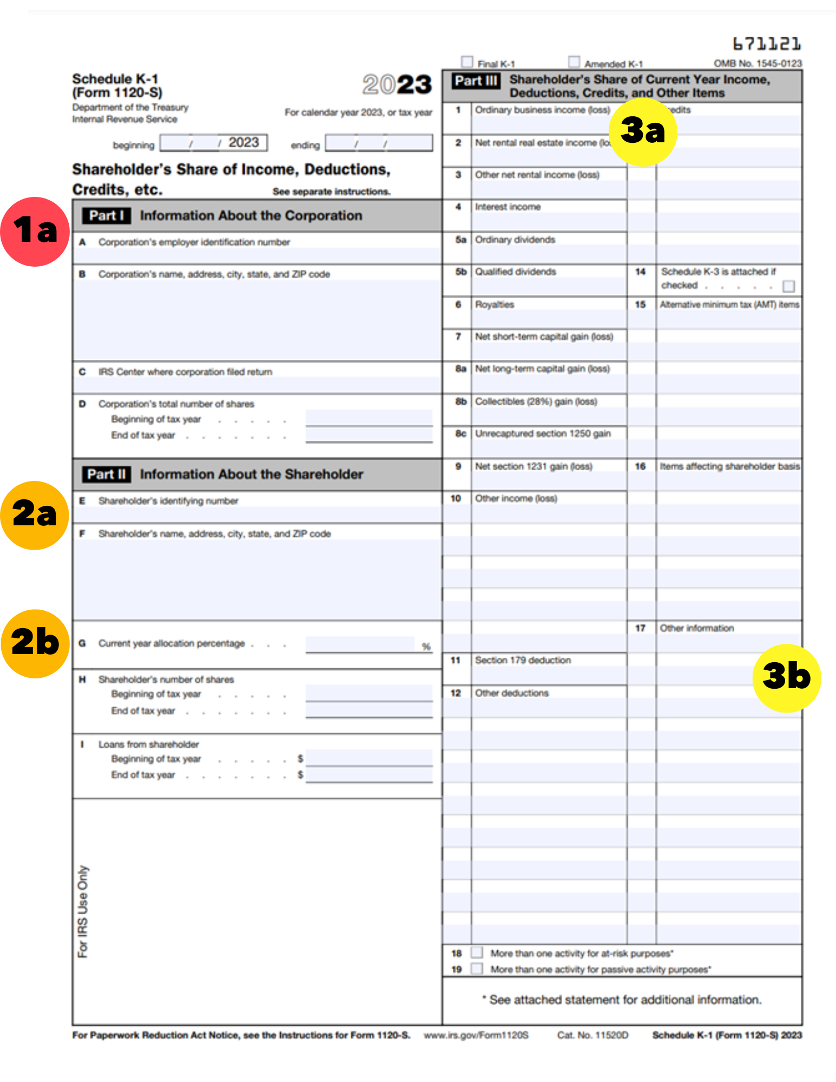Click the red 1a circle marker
point(35,232)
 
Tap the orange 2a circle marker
point(35,515)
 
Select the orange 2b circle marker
point(35,644)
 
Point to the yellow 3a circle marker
point(643,131)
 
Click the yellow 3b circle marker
point(787,678)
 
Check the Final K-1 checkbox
point(467,62)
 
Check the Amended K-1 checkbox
point(574,62)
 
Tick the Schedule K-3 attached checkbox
point(789,286)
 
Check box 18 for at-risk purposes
point(477,952)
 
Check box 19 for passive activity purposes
point(477,968)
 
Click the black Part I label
point(107,215)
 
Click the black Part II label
point(107,474)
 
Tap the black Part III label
point(476,81)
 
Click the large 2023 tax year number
point(397,84)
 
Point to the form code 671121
point(767,43)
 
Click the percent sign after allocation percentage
point(426,646)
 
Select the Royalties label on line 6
point(495,305)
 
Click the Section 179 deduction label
point(523,660)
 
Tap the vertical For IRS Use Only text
point(83,912)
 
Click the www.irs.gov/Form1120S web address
point(476,1035)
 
